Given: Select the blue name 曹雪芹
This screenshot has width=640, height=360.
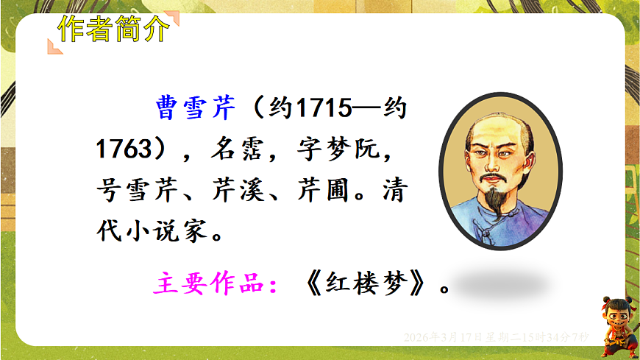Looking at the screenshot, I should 197,108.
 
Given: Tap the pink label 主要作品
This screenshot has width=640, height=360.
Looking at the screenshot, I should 211,283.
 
